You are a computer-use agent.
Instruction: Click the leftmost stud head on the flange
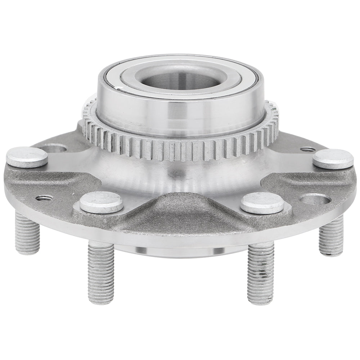(27, 157)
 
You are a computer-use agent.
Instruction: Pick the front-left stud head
(101, 202)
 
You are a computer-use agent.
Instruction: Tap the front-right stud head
(262, 203)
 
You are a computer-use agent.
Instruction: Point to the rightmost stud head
(333, 159)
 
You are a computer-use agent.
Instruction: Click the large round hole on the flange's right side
(315, 199)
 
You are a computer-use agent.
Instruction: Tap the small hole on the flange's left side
(45, 198)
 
